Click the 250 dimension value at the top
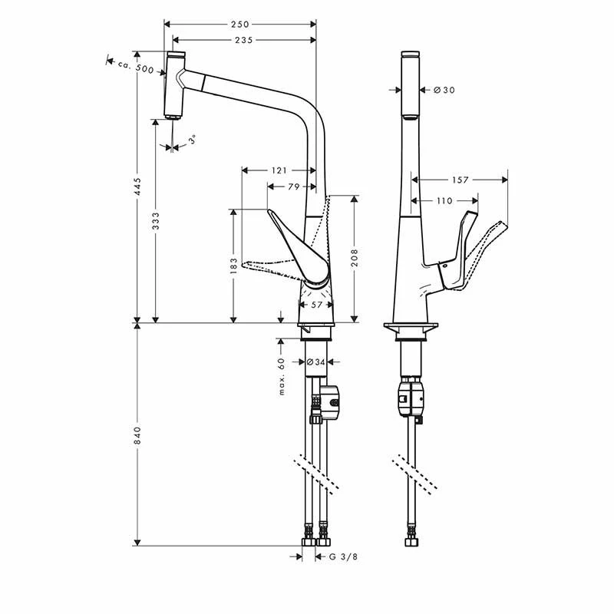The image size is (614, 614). [239, 24]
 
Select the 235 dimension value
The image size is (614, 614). [244, 40]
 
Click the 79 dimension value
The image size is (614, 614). [292, 187]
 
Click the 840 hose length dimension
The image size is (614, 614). [137, 437]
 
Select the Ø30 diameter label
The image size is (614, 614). [444, 90]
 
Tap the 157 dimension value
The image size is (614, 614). [460, 180]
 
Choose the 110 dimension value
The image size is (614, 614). [444, 200]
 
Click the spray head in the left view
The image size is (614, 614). [175, 84]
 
